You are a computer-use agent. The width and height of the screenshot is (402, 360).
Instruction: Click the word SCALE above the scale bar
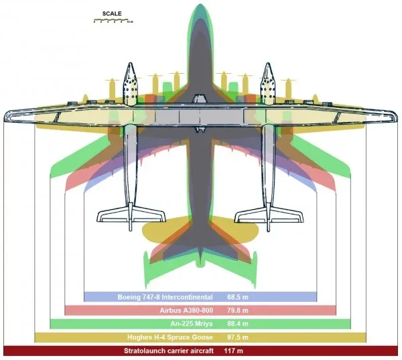click(x=112, y=13)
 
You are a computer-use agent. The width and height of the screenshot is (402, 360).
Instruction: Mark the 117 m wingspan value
click(x=234, y=351)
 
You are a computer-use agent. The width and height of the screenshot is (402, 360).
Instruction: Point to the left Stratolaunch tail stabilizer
click(x=131, y=217)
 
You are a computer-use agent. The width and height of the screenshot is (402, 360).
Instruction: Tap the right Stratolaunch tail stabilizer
click(x=269, y=217)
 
